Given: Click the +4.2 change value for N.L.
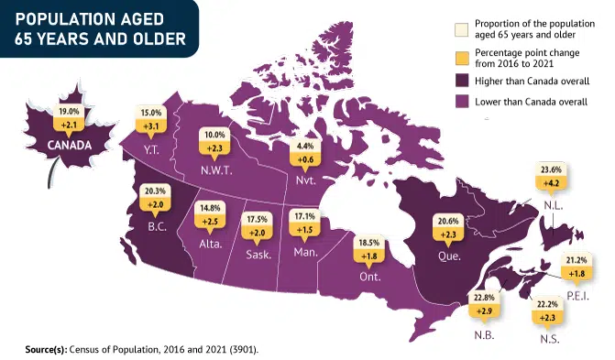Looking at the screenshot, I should pos(551,182).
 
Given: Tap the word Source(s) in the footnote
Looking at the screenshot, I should pos(46,349).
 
